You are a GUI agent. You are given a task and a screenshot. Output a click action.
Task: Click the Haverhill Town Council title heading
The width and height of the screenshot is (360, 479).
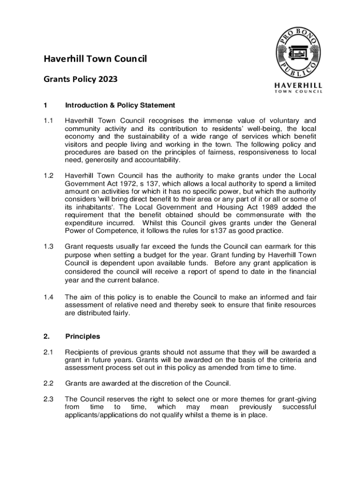[95, 59]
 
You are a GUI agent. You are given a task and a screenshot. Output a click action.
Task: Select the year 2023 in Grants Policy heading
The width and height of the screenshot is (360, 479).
[108, 79]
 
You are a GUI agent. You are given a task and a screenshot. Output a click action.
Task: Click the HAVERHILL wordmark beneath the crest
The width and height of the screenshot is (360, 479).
[298, 86]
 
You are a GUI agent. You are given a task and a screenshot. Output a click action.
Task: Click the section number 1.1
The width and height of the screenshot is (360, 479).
[48, 121]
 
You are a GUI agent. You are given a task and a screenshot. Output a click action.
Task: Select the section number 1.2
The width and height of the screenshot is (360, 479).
[48, 175]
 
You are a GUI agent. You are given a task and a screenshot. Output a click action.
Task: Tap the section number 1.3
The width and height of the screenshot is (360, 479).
[48, 246]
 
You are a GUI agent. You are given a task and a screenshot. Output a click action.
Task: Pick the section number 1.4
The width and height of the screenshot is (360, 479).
[48, 297]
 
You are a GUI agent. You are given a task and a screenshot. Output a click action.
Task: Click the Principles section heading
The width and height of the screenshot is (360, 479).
[82, 336]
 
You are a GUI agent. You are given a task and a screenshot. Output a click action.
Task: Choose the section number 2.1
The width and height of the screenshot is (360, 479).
[48, 352]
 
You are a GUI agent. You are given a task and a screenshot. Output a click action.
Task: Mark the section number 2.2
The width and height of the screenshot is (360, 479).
[48, 384]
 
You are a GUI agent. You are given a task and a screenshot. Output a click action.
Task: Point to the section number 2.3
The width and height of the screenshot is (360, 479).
[48, 399]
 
